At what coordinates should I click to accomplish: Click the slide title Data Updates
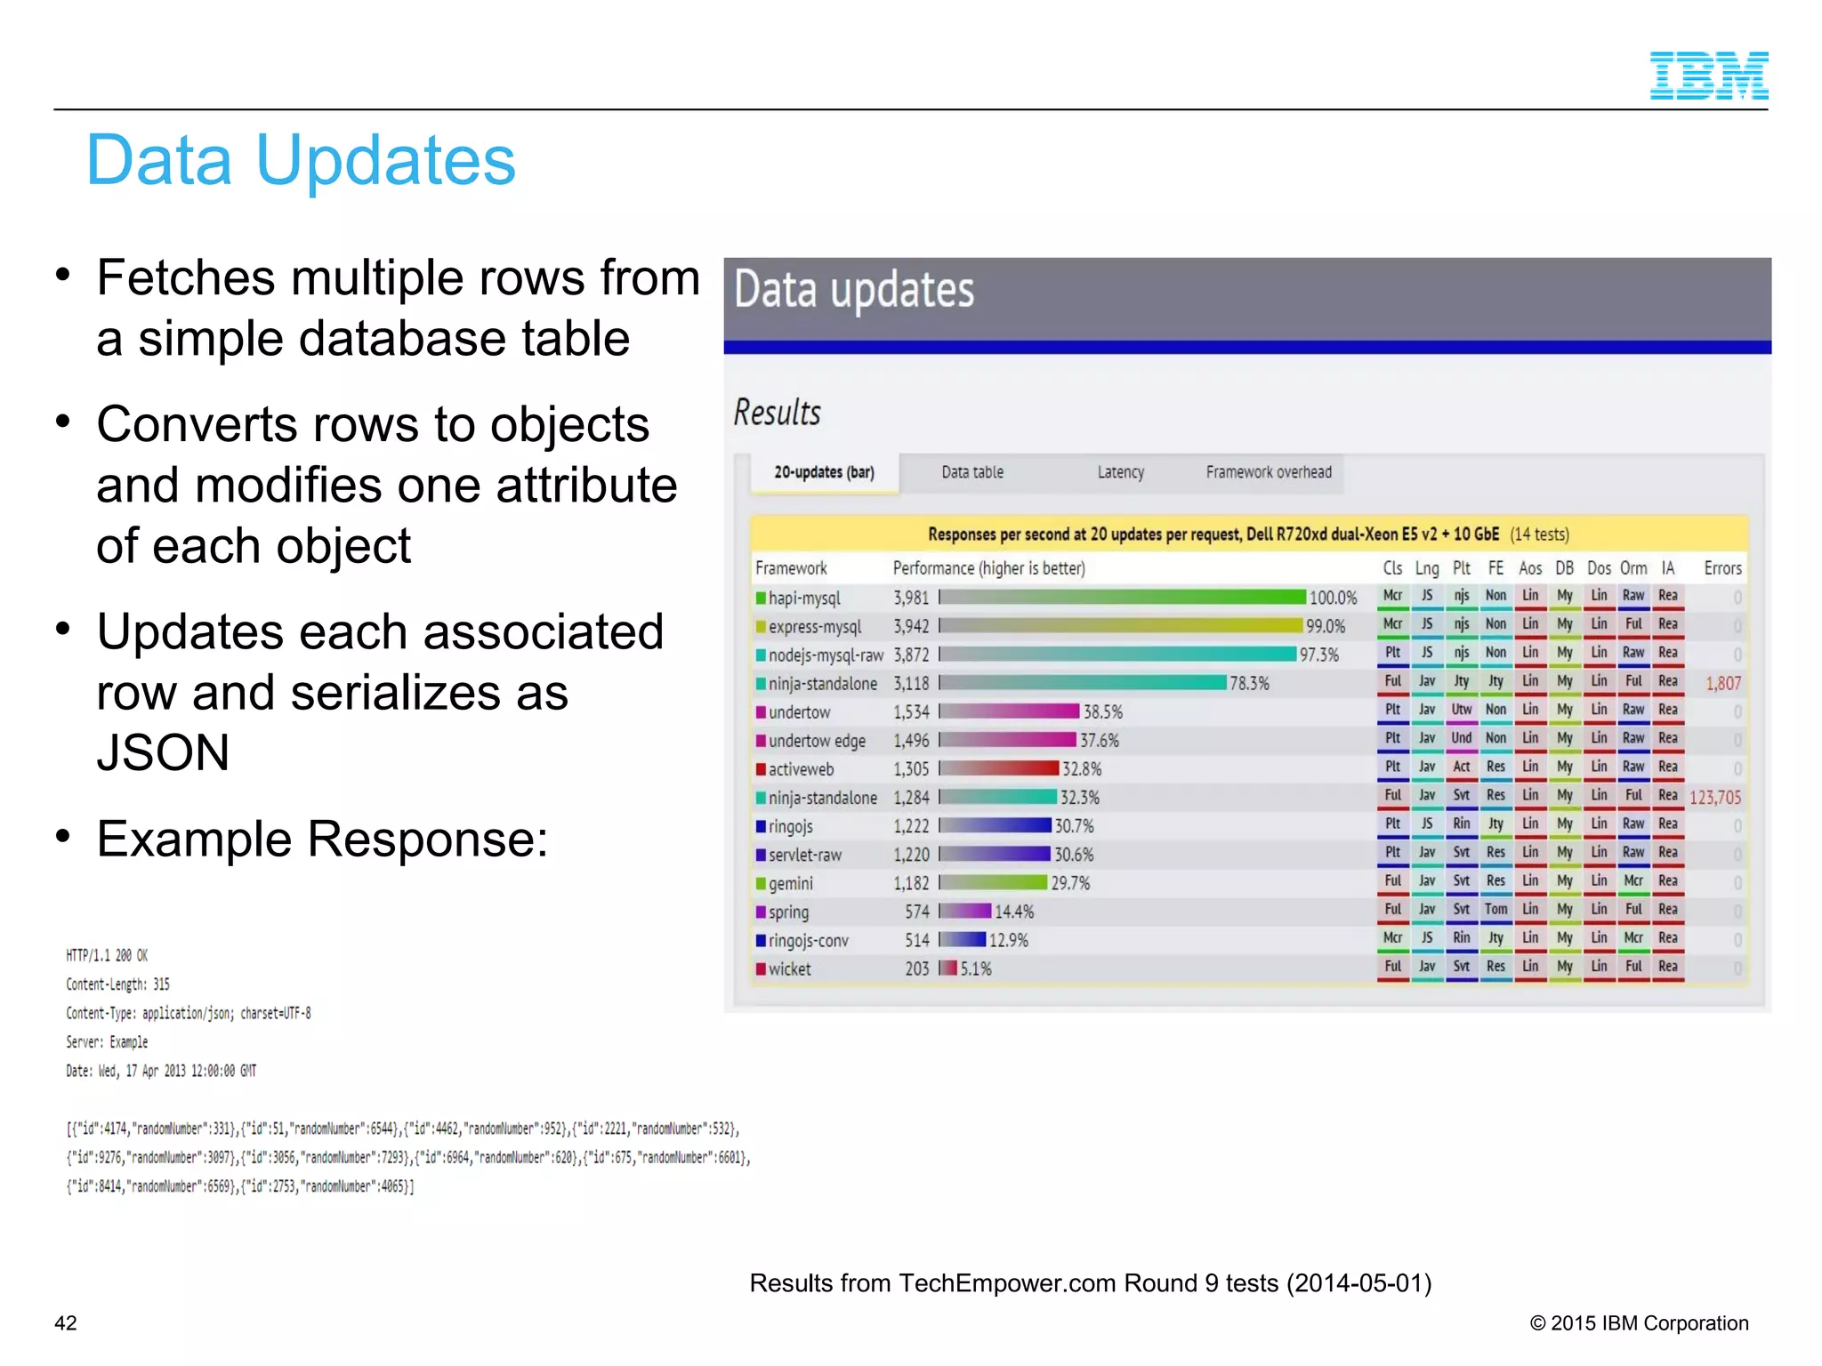coord(301,160)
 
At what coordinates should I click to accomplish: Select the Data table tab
coord(972,472)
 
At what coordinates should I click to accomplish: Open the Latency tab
coord(1120,472)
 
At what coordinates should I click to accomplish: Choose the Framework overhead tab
coord(1269,472)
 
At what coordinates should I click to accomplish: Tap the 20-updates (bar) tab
coord(824,472)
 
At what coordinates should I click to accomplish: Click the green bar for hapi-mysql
coord(1123,598)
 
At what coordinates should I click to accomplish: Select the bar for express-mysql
coord(1121,626)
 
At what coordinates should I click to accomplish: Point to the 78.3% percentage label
coord(1249,683)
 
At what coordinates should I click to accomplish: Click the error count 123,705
coord(1714,798)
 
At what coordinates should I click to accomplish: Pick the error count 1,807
coord(1722,683)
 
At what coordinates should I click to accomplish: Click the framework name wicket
coord(789,968)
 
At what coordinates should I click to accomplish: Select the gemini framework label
coord(790,883)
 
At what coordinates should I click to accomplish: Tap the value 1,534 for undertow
coord(911,712)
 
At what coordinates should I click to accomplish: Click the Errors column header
coord(1722,568)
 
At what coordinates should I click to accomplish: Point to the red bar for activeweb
coord(999,768)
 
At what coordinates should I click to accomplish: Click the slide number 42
coord(66,1322)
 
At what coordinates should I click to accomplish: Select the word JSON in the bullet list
coord(163,752)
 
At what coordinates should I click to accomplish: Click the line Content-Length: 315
coord(117,984)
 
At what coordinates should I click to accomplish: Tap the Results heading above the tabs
coord(777,413)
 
